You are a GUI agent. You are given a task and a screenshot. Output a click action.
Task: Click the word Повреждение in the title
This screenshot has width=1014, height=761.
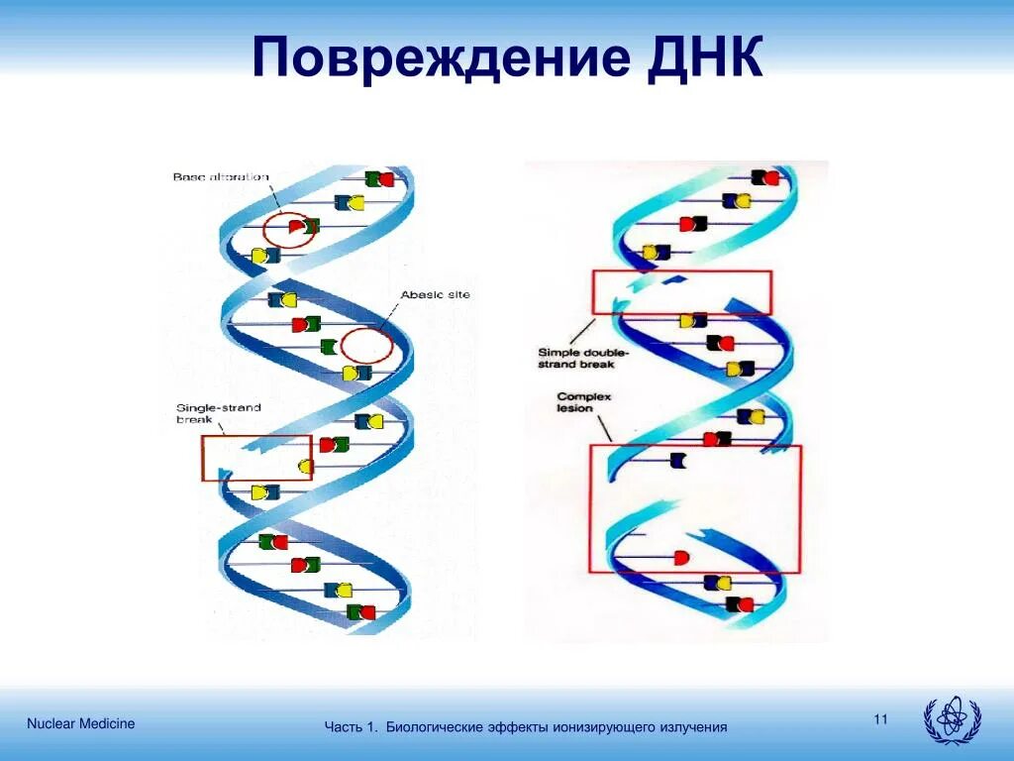[441, 57]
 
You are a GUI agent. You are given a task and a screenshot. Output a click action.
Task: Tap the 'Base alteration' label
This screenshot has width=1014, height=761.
[220, 177]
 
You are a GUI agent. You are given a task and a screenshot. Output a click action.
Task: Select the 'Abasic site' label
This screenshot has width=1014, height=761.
[435, 294]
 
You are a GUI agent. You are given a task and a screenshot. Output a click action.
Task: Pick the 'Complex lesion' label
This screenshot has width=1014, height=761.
[583, 403]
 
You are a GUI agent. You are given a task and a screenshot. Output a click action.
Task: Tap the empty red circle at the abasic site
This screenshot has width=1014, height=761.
[366, 346]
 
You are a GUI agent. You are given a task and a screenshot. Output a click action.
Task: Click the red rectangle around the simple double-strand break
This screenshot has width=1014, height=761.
[681, 292]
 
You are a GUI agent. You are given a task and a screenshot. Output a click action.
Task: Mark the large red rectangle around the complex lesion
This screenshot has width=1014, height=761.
[695, 508]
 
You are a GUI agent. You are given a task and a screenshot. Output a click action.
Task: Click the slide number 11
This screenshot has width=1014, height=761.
[880, 718]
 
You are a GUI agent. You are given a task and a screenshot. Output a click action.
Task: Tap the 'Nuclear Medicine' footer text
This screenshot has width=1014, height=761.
[81, 723]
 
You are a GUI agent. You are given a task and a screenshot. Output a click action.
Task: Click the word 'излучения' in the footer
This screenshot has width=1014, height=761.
[693, 727]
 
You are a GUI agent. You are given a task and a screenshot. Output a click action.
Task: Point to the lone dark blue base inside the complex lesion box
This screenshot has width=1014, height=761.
[678, 460]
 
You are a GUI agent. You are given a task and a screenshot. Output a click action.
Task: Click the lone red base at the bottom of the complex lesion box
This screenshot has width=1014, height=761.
[680, 558]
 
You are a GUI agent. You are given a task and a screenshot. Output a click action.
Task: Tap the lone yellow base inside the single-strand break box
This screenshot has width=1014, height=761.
[305, 467]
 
